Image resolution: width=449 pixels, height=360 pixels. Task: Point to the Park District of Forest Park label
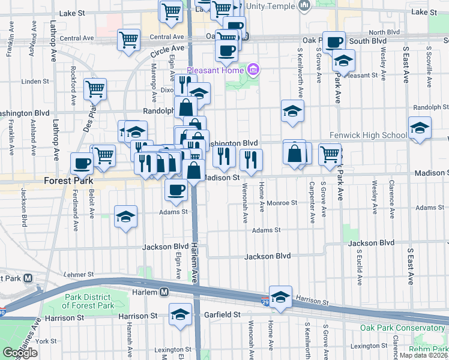[x=88, y=301]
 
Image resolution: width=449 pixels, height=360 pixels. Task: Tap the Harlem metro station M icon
[x=164, y=292]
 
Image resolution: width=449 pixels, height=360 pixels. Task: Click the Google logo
[x=20, y=353]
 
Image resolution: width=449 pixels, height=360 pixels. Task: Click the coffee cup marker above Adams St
[x=176, y=190]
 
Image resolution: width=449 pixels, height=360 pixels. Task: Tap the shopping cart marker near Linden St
[x=95, y=89]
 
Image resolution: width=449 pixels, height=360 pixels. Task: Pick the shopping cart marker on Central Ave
[x=129, y=40]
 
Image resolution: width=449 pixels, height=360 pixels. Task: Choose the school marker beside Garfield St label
[x=180, y=314]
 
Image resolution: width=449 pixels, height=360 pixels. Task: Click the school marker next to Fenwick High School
[x=420, y=127]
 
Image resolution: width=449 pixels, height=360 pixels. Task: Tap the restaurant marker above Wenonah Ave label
[x=250, y=159]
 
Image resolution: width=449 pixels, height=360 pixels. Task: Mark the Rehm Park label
[x=428, y=349]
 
